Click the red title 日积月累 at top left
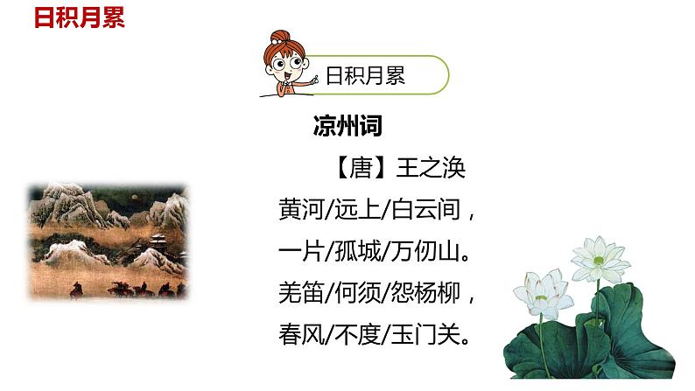80,17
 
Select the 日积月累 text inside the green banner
365,75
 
